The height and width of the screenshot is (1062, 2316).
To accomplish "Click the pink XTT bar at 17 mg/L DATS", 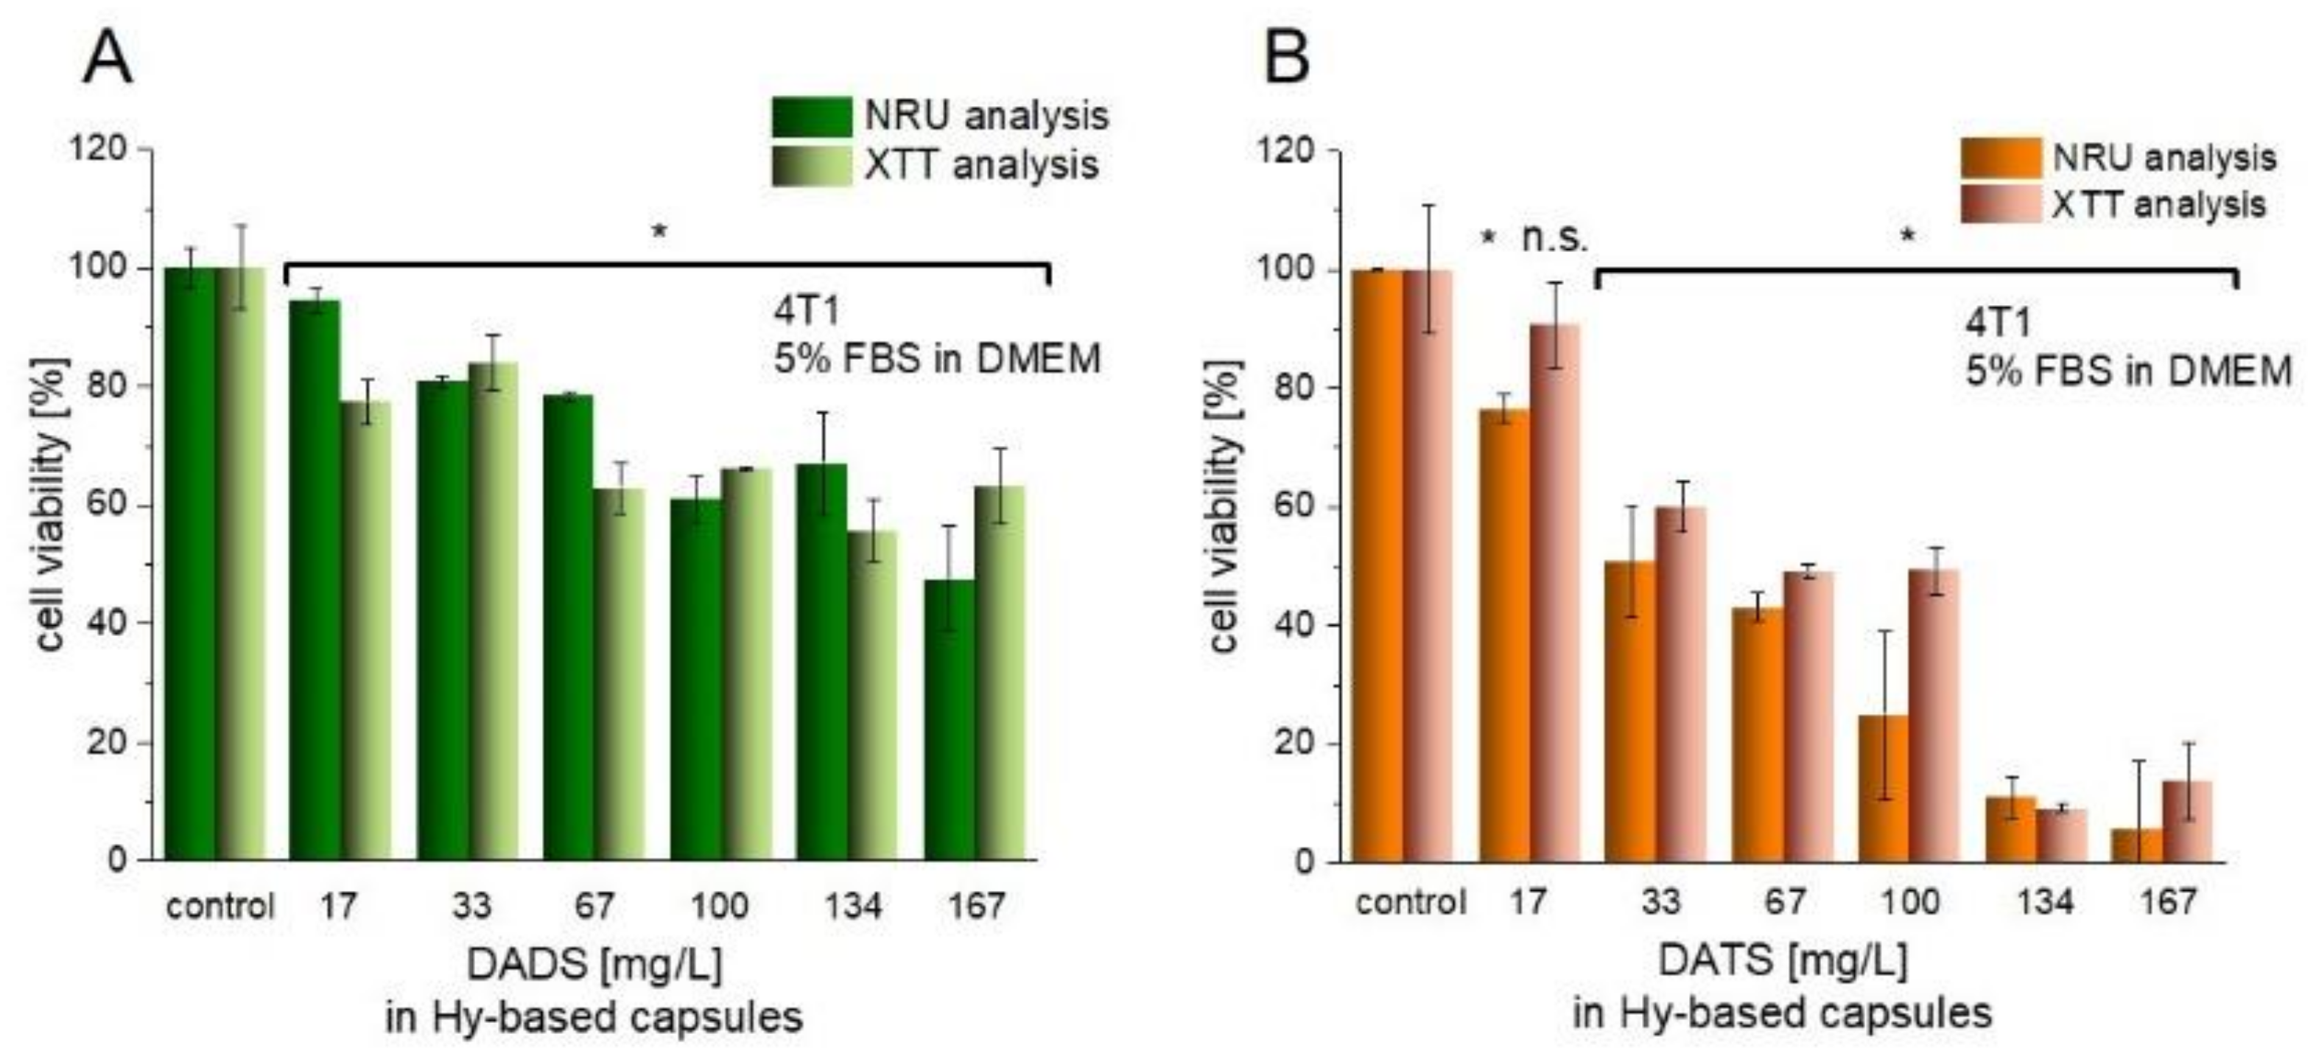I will click(1554, 593).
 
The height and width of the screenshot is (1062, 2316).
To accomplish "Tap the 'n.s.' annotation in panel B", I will click(1554, 238).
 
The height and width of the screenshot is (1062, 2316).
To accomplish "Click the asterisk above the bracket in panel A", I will click(659, 232).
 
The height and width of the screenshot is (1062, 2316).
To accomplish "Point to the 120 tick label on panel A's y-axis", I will click(98, 148).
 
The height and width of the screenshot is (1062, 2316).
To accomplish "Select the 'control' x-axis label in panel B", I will click(1410, 902).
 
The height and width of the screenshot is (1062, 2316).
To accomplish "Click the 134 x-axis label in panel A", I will click(852, 906).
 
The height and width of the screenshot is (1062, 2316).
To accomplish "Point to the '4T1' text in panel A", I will click(807, 311).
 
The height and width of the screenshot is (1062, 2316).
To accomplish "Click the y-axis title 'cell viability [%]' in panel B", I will click(1224, 506).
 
